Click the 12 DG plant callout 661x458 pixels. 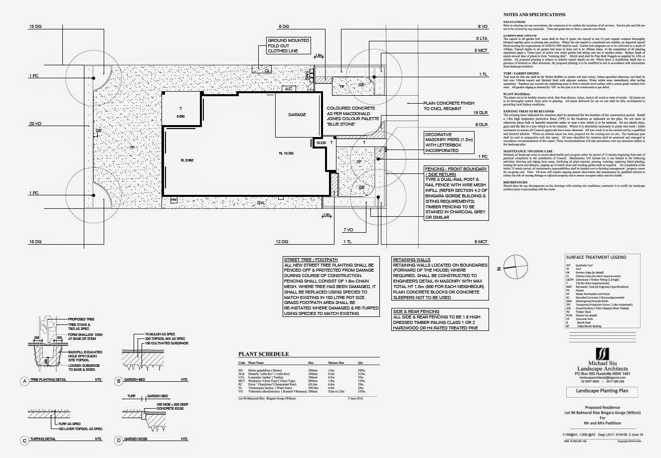pos(282,242)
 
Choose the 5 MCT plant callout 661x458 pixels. pos(480,50)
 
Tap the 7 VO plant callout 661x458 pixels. pos(348,230)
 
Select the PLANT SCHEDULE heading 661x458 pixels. pos(263,354)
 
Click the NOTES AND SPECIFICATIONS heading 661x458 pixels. pos(534,15)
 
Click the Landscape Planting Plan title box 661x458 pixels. pos(602,391)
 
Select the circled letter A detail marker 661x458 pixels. pos(23,382)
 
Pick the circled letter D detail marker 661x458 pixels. pos(119,440)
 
